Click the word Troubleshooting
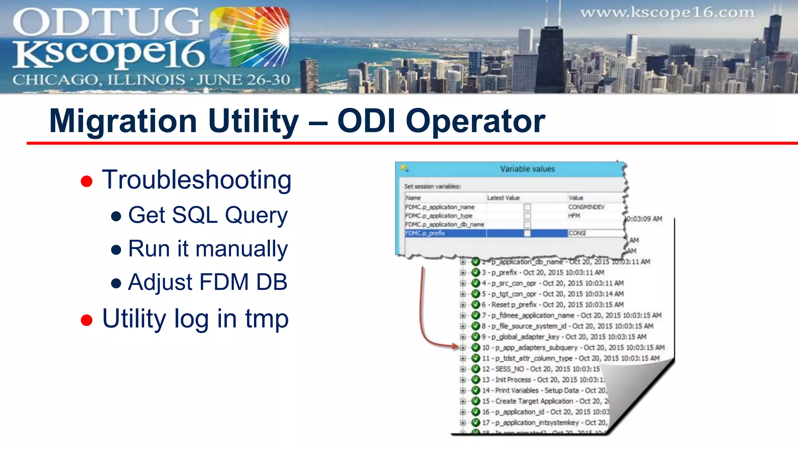(196, 180)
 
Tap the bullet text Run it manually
(208, 249)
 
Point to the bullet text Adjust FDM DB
(208, 282)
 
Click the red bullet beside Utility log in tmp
(87, 320)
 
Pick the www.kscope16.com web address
(667, 13)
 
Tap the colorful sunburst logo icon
(249, 37)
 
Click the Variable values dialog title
(527, 169)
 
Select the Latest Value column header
(503, 198)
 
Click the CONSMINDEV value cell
(586, 207)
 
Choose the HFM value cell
(574, 216)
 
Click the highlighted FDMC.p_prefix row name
(425, 233)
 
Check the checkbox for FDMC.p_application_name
(527, 207)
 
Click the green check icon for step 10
(475, 347)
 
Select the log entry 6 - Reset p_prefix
(552, 304)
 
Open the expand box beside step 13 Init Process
(463, 380)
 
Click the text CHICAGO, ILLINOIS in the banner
(99, 80)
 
